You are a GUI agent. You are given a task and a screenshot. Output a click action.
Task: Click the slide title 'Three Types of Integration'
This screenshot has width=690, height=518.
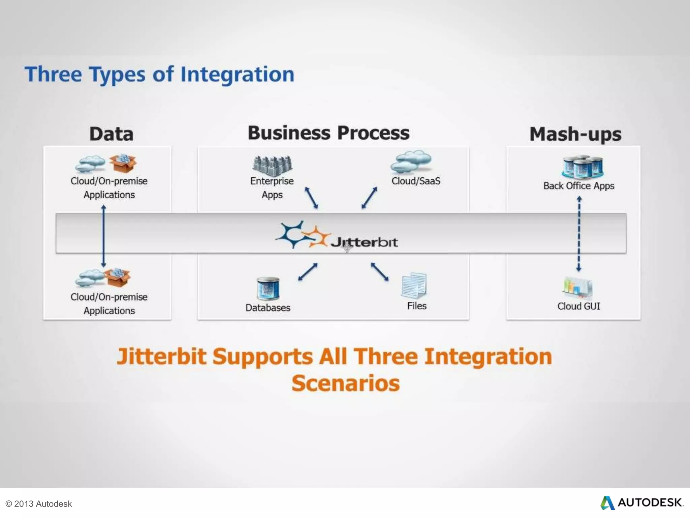(159, 74)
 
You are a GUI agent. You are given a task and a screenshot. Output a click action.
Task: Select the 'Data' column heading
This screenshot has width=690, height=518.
(111, 134)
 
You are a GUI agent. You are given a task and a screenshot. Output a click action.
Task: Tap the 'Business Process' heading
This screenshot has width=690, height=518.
(328, 133)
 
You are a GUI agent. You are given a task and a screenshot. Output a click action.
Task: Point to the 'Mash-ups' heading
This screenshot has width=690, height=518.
(575, 134)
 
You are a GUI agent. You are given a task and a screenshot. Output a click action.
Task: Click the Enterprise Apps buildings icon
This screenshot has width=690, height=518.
(272, 166)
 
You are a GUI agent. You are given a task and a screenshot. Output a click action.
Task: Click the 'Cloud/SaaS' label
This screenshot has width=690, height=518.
(416, 181)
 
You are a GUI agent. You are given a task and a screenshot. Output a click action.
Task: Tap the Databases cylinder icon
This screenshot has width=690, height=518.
(268, 289)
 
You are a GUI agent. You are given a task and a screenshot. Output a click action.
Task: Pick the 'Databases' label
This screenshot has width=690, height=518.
(268, 308)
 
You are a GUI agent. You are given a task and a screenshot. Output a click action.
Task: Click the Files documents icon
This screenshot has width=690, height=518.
(414, 285)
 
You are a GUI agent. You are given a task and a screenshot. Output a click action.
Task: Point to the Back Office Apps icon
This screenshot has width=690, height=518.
(582, 167)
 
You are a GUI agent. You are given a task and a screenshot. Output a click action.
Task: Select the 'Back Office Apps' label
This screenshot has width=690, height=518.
(578, 186)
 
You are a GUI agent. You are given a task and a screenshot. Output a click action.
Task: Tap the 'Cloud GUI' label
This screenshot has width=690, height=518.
(578, 306)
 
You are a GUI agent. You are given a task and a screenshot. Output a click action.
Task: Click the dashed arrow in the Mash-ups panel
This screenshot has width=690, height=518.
(579, 234)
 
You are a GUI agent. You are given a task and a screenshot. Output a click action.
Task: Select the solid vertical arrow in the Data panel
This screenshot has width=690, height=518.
(103, 236)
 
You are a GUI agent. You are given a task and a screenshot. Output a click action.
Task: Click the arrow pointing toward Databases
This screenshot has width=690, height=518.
(308, 272)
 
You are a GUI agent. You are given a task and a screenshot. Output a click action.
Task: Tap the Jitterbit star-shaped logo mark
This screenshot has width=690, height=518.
(302, 235)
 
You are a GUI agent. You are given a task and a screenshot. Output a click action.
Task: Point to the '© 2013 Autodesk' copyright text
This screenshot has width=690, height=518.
(38, 504)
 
